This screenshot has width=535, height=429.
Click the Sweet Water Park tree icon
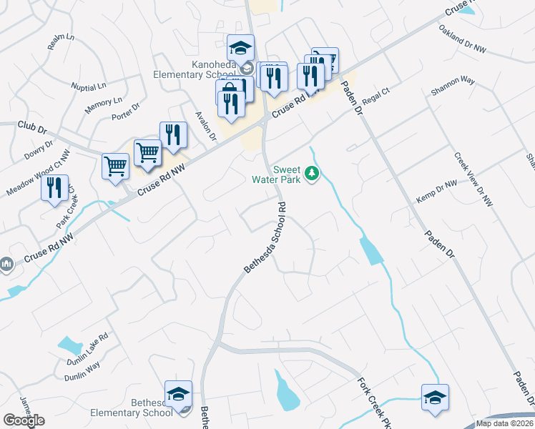pyautogui.click(x=311, y=173)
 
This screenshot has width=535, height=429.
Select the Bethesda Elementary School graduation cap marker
pyautogui.click(x=178, y=394)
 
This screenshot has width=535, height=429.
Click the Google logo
pyautogui.click(x=24, y=420)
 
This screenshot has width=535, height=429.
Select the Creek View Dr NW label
pyautogui.click(x=473, y=179)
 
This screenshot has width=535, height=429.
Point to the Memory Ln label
pyautogui.click(x=104, y=106)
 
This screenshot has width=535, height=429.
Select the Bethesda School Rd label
pyautogui.click(x=265, y=237)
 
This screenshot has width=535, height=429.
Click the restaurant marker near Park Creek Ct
pyautogui.click(x=54, y=188)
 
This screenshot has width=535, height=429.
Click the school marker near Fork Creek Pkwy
pyautogui.click(x=435, y=398)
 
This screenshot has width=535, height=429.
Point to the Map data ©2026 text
pyautogui.click(x=504, y=423)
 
